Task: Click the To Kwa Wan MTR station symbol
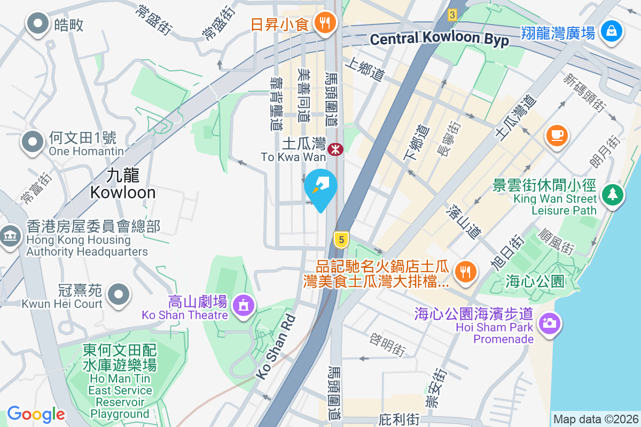point(335,149)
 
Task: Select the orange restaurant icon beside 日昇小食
point(324,23)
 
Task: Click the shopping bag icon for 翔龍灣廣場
point(610,31)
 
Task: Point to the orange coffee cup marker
point(557,135)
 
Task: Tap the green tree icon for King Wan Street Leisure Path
point(612,194)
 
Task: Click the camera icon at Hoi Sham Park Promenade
point(549,324)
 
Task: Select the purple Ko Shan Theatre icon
point(244,305)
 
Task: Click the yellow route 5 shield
point(341,240)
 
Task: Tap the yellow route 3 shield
point(452,15)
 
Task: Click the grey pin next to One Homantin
point(33,142)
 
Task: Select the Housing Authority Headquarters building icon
point(10,236)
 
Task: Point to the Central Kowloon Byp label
point(439,39)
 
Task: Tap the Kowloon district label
point(123,183)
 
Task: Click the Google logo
point(36,414)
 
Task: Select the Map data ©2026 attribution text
point(596,419)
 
